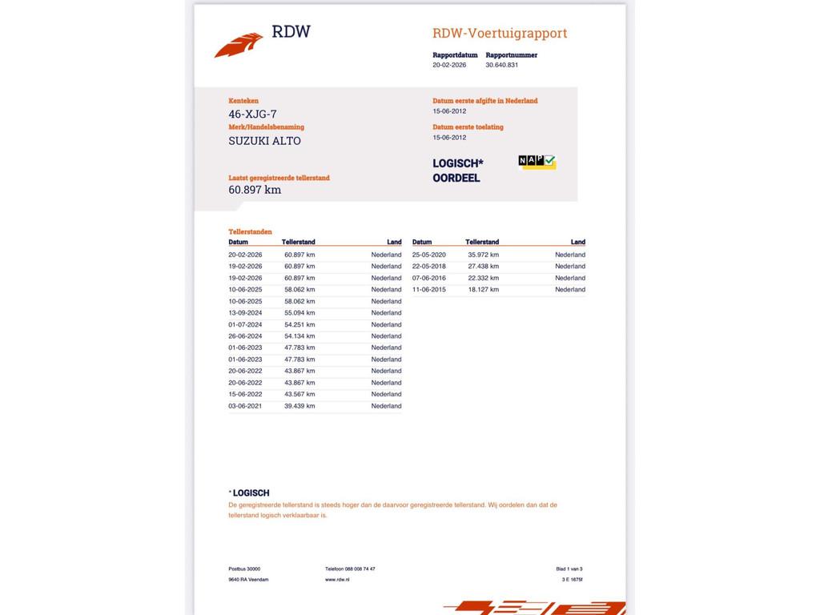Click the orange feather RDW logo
click(x=239, y=44)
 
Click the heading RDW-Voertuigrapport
click(x=500, y=33)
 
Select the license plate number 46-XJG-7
click(x=252, y=115)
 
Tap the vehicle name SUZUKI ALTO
click(x=264, y=141)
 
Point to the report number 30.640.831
click(x=502, y=65)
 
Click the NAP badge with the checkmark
click(x=537, y=162)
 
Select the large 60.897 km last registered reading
click(x=255, y=190)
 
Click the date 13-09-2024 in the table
click(x=245, y=313)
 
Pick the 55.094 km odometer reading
click(x=299, y=313)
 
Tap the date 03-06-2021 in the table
click(x=245, y=406)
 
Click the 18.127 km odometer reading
click(x=483, y=290)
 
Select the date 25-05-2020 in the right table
click(x=429, y=255)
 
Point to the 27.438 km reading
click(x=483, y=267)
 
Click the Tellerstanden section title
click(x=250, y=232)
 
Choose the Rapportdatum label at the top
click(x=455, y=55)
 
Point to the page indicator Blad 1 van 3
click(x=569, y=569)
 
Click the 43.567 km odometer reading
click(x=299, y=394)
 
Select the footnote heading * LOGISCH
click(x=249, y=493)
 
